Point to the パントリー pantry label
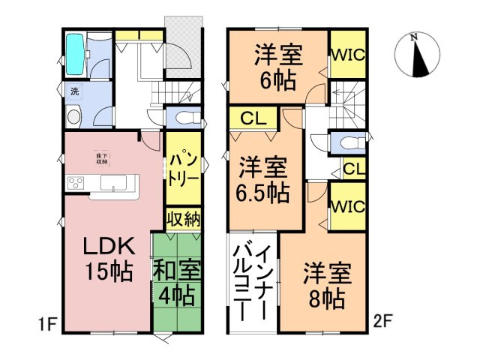[x=182, y=170]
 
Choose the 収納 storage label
[x=183, y=219]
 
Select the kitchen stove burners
[x=76, y=182]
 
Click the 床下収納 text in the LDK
[x=100, y=157]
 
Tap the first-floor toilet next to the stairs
[x=186, y=118]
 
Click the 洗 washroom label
[x=74, y=91]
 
